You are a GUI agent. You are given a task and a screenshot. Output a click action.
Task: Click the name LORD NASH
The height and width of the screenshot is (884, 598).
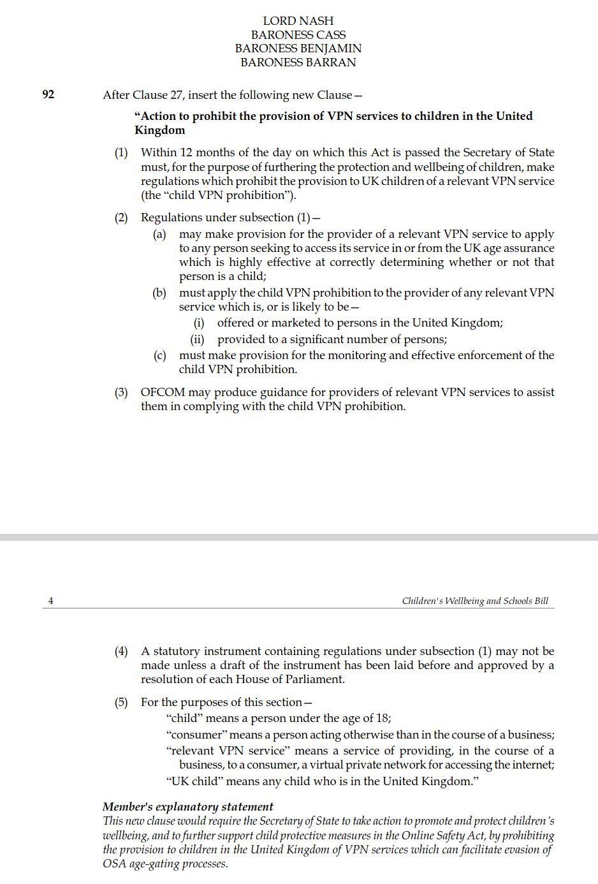298,21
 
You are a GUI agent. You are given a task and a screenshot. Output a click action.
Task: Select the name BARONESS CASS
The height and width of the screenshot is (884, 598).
298,35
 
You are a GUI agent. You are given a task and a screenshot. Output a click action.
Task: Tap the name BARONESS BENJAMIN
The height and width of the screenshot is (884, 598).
298,48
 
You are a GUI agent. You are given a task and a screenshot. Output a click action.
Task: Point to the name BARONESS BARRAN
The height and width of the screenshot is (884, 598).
298,63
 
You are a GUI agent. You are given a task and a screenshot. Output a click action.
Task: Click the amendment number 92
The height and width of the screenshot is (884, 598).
48,94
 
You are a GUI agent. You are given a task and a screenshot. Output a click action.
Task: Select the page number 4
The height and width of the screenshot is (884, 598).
51,601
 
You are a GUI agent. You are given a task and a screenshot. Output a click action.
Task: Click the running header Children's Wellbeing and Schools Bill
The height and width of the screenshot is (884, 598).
475,601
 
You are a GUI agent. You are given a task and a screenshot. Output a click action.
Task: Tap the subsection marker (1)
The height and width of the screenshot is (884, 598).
121,152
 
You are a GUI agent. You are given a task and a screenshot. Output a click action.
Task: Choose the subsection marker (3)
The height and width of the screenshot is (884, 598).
121,392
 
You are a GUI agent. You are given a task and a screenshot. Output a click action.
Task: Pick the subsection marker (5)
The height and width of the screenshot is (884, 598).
121,702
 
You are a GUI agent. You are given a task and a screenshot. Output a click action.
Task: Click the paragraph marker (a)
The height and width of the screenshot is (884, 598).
159,234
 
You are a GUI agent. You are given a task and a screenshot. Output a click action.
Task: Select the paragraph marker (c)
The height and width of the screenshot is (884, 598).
159,355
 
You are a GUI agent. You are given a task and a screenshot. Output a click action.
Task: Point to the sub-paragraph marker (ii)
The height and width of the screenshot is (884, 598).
197,339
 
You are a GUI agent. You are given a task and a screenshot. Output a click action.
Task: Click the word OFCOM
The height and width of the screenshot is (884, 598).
163,392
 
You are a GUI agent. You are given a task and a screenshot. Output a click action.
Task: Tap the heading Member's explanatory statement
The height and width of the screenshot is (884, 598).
188,807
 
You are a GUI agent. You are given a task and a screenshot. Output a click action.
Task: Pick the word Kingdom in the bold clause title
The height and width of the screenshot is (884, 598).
160,130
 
